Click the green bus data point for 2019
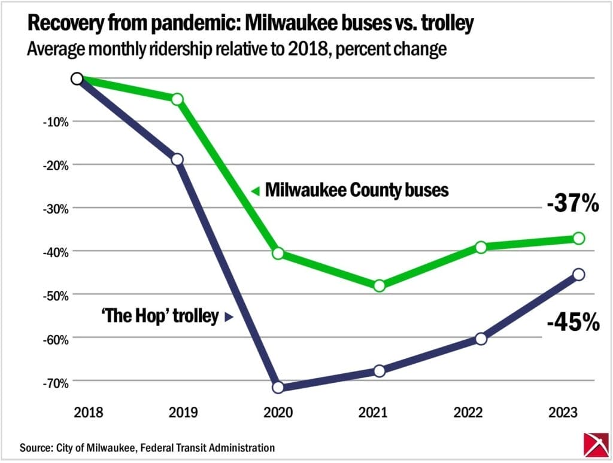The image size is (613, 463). coord(177,99)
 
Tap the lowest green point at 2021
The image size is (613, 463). coord(379,285)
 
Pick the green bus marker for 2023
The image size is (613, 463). coord(578,238)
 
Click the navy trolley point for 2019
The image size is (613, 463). coord(177,159)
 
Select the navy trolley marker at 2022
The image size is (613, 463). coord(481,339)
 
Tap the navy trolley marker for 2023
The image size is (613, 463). coord(578,275)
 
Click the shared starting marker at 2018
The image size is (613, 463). coord(77,78)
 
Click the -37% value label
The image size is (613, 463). coord(573,205)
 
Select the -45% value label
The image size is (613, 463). coord(573,323)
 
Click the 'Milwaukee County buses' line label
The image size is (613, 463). coord(356,191)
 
